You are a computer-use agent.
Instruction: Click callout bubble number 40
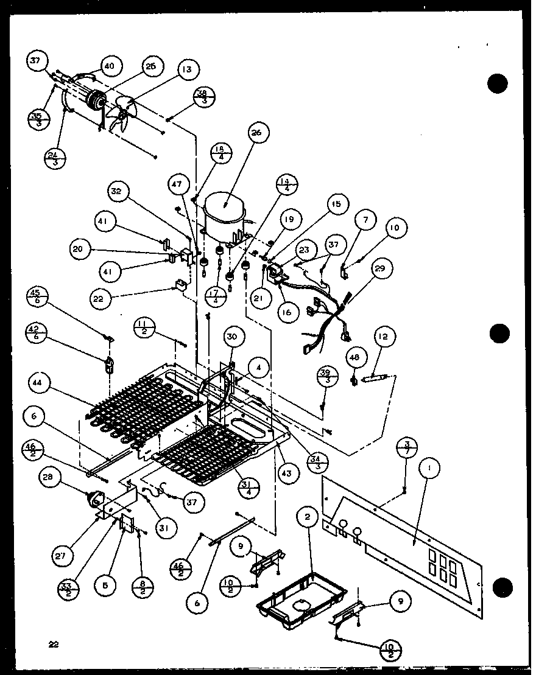[110, 65]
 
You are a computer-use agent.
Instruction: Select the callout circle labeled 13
[187, 70]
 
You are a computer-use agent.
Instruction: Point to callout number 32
[117, 192]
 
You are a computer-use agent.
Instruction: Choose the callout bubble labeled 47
[177, 183]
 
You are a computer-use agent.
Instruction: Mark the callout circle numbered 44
[39, 382]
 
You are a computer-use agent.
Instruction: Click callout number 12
[385, 337]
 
